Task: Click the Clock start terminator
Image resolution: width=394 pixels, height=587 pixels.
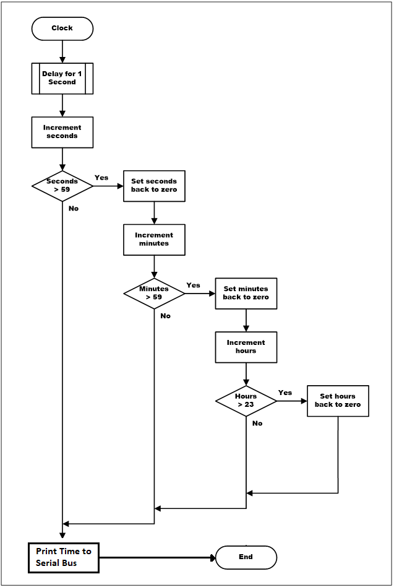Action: (62, 28)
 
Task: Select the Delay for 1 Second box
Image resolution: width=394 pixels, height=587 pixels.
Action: (62, 78)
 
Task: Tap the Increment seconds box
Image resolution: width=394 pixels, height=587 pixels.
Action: (62, 132)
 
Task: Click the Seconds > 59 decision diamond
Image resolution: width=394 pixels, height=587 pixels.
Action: (62, 185)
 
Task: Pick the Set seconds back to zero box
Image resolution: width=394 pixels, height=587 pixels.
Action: (154, 186)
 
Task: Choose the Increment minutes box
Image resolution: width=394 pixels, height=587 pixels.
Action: (154, 239)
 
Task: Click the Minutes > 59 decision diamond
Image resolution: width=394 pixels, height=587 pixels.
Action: (154, 293)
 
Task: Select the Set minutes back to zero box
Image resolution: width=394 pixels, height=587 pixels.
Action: (246, 293)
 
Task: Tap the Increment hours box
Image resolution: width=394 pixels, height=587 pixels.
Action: (246, 347)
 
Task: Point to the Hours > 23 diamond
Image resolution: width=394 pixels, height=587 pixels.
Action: (246, 401)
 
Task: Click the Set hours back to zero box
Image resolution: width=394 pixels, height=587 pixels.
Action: (338, 401)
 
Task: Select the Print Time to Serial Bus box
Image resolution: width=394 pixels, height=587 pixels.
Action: (63, 557)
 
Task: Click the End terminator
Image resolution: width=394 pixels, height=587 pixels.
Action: (246, 557)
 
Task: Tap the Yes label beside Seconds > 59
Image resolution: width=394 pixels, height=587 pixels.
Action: (101, 178)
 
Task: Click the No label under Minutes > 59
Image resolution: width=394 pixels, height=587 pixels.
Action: (165, 316)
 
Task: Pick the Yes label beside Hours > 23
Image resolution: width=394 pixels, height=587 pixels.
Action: (285, 393)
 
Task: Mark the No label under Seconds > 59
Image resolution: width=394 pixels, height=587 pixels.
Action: (74, 209)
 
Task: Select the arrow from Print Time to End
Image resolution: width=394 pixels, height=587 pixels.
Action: (158, 557)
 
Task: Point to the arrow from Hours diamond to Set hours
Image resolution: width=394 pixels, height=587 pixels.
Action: (291, 401)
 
